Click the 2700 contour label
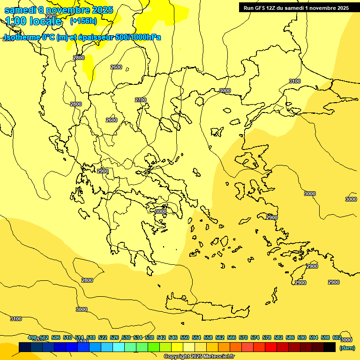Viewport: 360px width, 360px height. pyautogui.click(x=141, y=100)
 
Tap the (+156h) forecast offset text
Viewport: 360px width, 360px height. pyautogui.click(x=83, y=21)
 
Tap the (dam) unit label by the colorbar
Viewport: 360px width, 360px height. pyautogui.click(x=347, y=348)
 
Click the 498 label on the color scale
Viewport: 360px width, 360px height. pyautogui.click(x=32, y=337)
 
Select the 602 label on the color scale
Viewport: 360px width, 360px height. pyautogui.click(x=337, y=337)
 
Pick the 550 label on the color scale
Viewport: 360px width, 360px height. pyautogui.click(x=185, y=337)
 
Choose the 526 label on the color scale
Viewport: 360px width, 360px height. pyautogui.click(x=114, y=337)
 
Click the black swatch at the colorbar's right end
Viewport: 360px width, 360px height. pyautogui.click(x=330, y=347)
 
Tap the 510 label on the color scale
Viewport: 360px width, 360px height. pyautogui.click(x=67, y=337)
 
